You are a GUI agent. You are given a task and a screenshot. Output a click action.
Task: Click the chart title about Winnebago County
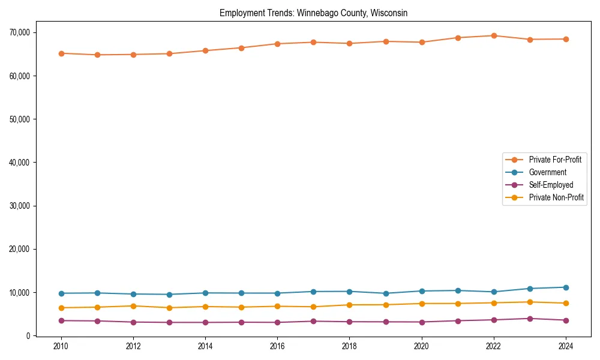click(313, 13)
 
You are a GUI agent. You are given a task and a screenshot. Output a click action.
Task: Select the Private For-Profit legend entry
click(554, 160)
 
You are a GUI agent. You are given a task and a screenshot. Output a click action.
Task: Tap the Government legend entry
click(547, 172)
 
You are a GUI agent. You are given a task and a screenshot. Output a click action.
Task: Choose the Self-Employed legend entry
click(551, 185)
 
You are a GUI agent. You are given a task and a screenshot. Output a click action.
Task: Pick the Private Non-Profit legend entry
click(556, 197)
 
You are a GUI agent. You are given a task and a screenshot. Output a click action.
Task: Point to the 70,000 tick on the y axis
click(21, 32)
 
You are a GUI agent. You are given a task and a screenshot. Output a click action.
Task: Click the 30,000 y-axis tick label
click(21, 206)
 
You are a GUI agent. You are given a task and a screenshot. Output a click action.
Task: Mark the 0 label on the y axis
click(26, 336)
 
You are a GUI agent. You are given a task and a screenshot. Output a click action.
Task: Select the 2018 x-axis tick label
click(349, 346)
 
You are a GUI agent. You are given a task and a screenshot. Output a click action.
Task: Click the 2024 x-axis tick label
click(566, 346)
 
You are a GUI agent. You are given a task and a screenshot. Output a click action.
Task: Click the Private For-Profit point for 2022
click(494, 35)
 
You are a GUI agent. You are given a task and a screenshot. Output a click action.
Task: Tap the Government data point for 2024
click(566, 287)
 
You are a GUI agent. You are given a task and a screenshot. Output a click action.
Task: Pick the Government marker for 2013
click(169, 295)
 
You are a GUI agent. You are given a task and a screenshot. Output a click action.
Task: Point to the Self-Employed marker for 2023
click(530, 319)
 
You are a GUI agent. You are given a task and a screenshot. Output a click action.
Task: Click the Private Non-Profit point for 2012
click(133, 306)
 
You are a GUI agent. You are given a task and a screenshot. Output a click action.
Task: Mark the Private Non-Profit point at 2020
click(422, 304)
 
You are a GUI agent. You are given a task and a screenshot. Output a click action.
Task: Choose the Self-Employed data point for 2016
click(277, 322)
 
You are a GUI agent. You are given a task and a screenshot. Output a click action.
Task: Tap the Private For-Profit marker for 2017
click(313, 42)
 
